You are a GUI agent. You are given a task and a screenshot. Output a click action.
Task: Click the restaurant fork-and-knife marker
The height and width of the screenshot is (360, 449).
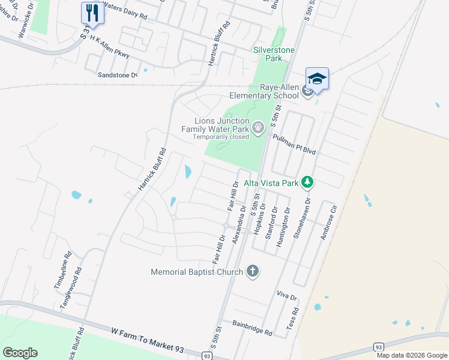tap(92, 12)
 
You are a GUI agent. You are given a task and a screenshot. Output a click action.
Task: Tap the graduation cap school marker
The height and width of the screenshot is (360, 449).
tap(317, 79)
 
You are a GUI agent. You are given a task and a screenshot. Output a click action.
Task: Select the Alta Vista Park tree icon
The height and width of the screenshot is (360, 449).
tap(307, 181)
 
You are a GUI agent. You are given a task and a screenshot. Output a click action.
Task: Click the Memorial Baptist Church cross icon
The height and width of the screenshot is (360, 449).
tap(253, 271)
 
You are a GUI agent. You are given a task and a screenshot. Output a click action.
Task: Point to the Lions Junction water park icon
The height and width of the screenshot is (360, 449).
tap(258, 127)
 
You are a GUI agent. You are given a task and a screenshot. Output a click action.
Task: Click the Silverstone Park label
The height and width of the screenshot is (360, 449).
tap(268, 54)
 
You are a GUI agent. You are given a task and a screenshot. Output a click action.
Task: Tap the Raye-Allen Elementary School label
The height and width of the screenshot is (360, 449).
tap(264, 91)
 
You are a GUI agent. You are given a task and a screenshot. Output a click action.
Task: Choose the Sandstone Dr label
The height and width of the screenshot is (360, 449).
tap(118, 76)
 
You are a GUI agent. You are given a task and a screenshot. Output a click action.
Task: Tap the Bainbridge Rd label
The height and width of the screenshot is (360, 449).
tap(253, 328)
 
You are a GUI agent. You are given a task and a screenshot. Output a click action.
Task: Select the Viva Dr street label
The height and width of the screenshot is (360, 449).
tap(286, 296)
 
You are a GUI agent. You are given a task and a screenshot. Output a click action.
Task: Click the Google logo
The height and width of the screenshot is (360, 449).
tap(20, 352)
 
